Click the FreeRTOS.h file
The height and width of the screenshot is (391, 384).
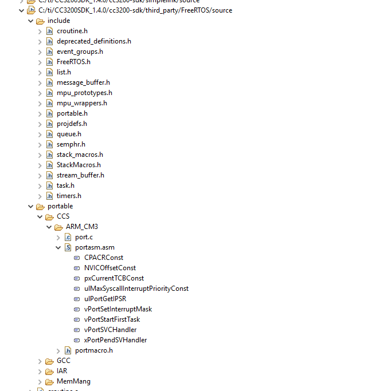click(x=73, y=62)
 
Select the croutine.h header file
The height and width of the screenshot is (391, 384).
click(x=72, y=31)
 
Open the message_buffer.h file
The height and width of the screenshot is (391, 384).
click(x=83, y=82)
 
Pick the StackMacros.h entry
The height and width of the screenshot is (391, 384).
click(x=79, y=165)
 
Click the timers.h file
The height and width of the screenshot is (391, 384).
click(x=69, y=196)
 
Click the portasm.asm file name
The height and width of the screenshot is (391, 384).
click(x=95, y=247)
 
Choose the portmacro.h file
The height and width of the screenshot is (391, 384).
click(x=93, y=350)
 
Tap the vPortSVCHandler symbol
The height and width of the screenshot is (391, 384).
click(x=110, y=330)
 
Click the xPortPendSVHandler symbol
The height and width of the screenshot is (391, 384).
click(x=115, y=340)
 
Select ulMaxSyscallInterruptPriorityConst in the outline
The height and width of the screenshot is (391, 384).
click(x=136, y=289)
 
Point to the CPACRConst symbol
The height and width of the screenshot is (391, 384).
click(x=103, y=258)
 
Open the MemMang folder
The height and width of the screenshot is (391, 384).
click(x=73, y=381)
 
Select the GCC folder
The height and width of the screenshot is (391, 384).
click(x=64, y=361)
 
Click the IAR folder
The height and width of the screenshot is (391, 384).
click(x=62, y=371)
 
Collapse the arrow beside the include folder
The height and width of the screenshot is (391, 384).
click(x=31, y=21)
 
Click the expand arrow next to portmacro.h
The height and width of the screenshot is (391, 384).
click(x=58, y=350)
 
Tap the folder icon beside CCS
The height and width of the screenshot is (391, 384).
click(x=49, y=216)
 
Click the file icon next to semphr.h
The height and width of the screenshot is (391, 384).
click(x=50, y=144)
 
